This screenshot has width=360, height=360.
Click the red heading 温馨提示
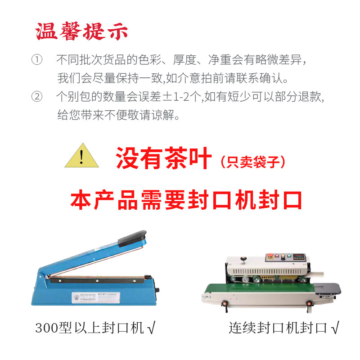82,31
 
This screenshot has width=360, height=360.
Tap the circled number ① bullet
36,60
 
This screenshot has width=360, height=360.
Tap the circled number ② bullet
36,97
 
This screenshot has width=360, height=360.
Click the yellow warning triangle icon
81,156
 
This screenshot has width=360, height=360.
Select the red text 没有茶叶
164,158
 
